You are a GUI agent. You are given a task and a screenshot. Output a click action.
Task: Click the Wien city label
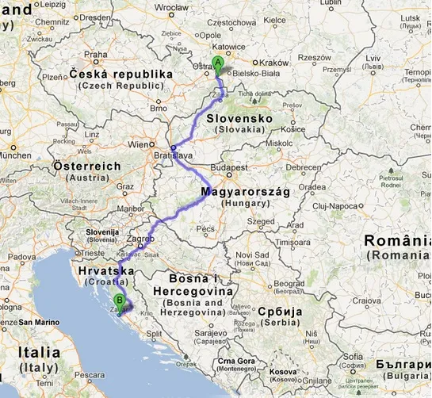coord(139,144)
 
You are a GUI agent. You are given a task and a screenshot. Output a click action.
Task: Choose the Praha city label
coord(96,55)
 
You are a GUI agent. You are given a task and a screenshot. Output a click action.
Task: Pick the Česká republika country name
coord(120,74)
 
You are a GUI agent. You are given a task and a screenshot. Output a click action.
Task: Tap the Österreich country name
coord(87,166)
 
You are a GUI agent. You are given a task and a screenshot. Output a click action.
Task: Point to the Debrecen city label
coord(303,167)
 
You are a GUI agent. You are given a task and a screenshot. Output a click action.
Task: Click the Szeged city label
coord(261,221)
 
